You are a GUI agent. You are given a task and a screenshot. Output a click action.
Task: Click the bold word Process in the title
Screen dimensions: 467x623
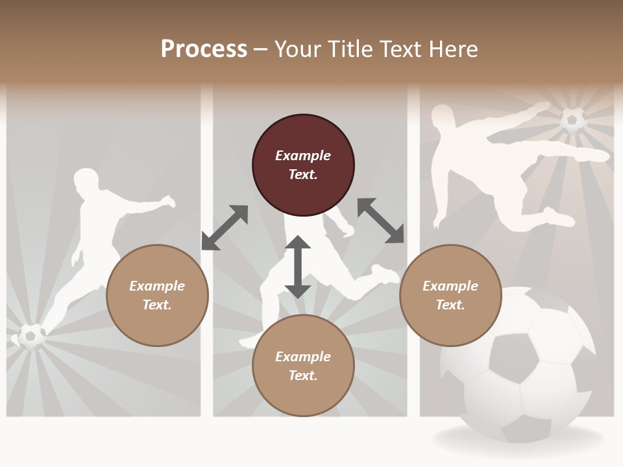204,49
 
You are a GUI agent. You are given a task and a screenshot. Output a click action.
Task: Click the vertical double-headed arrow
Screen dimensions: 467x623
298,267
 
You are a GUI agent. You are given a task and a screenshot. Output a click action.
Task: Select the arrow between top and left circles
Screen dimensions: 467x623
225,228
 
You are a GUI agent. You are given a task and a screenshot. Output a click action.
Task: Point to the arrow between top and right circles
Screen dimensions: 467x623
381,221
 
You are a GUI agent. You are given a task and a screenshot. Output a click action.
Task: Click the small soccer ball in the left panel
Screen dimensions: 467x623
31,336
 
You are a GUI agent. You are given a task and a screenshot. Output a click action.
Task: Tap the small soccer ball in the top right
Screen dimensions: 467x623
573,121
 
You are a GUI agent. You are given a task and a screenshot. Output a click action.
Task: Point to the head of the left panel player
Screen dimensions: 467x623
86,181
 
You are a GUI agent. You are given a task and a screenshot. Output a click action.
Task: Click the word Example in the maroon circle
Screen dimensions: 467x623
303,156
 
